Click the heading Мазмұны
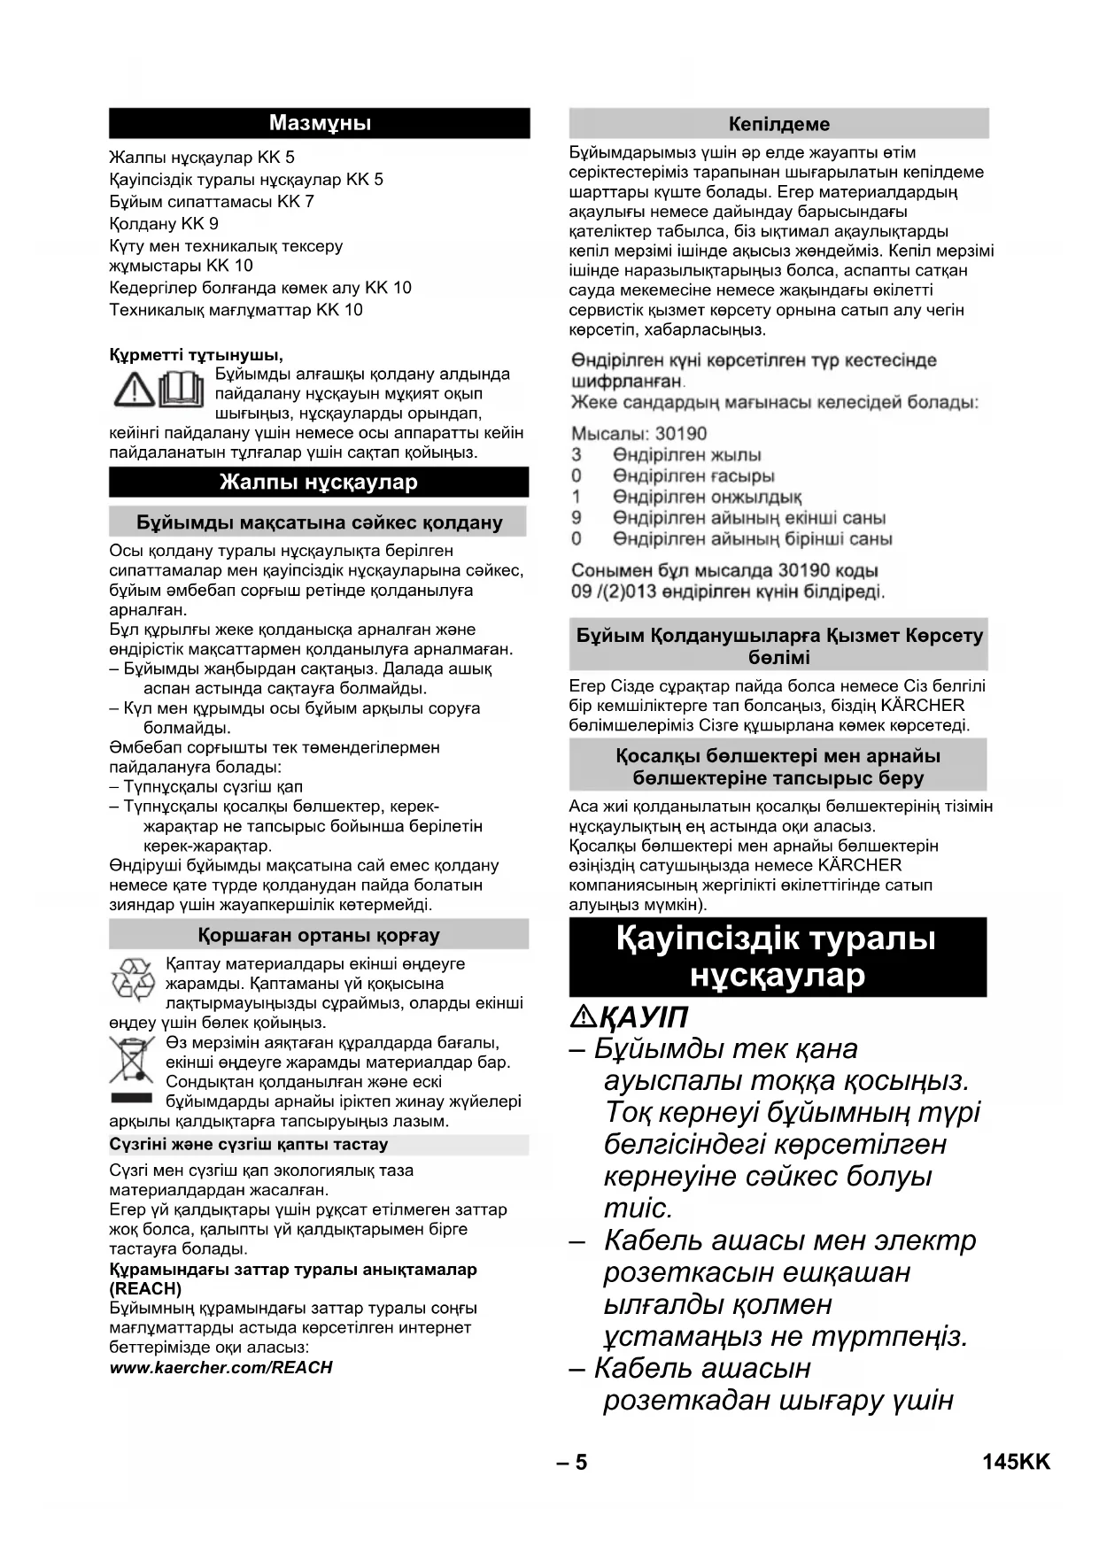click(x=319, y=123)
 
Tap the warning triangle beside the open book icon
click(x=133, y=390)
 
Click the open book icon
click(x=182, y=390)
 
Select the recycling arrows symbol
click(x=133, y=980)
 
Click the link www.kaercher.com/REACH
click(x=221, y=1367)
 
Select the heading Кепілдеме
click(x=778, y=124)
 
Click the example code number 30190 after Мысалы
click(x=681, y=434)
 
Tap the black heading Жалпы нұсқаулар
click(x=319, y=483)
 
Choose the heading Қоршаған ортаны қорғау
click(x=319, y=935)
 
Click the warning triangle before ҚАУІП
click(x=584, y=1017)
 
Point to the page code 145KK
click(x=1016, y=1463)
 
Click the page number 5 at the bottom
click(x=581, y=1463)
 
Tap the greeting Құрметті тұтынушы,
click(x=196, y=355)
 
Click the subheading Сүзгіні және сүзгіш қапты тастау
click(x=249, y=1144)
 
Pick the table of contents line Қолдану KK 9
click(x=164, y=224)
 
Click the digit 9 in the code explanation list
click(x=577, y=518)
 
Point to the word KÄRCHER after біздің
click(x=923, y=706)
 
